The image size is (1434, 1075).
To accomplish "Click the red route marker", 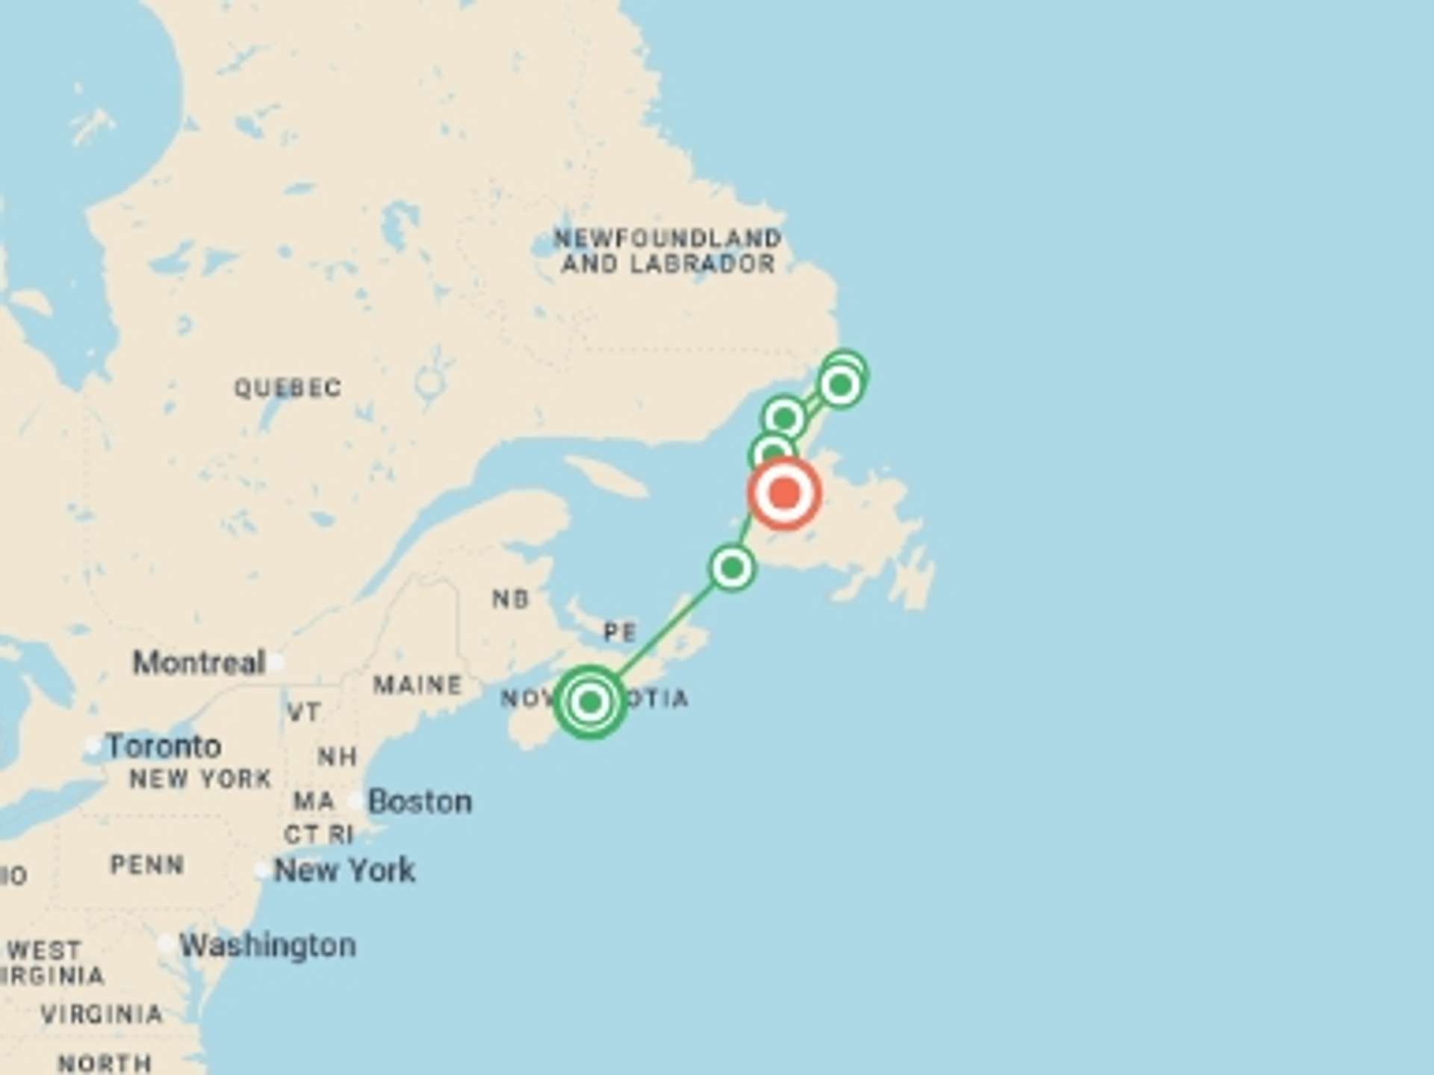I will tap(784, 493).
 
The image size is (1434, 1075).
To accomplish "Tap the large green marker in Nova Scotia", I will tap(590, 702).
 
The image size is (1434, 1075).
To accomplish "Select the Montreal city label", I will tap(199, 662).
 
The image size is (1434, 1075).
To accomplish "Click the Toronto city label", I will tap(164, 746).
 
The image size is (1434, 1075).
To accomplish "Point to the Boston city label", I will tap(420, 802).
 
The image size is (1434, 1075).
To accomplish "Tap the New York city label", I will tap(344, 870).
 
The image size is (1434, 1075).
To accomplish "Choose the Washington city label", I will tap(267, 946).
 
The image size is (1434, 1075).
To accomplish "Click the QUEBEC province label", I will tap(288, 388).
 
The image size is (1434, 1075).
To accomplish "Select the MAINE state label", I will tap(418, 685).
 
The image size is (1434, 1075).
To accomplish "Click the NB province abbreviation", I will tap(511, 599).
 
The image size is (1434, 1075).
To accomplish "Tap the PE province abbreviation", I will tap(620, 633).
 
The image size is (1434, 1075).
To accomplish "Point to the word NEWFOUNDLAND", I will tap(667, 239).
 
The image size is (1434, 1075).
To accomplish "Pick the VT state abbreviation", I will tap(304, 712).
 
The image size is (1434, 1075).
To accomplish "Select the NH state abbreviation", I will tap(337, 757).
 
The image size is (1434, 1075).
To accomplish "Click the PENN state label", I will tap(147, 865).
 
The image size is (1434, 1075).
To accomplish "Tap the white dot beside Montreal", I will tap(277, 661).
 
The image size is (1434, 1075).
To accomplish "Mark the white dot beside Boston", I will tap(356, 802).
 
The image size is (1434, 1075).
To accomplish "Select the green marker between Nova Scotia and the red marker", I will tap(732, 568).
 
